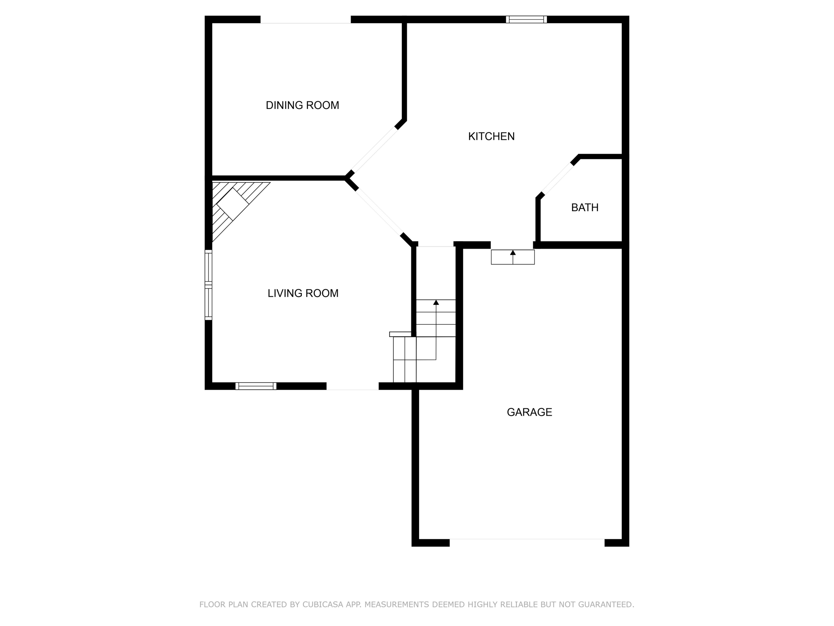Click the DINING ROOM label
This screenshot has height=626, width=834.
click(302, 105)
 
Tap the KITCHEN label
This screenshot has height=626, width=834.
click(491, 136)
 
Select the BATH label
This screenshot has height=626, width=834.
click(584, 207)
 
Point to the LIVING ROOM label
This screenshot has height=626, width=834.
click(303, 293)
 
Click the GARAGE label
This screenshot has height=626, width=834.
click(529, 412)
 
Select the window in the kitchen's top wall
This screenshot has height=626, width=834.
click(526, 19)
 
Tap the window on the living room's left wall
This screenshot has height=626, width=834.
click(208, 284)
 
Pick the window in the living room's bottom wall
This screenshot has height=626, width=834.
click(256, 386)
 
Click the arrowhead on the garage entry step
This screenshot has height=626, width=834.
click(513, 253)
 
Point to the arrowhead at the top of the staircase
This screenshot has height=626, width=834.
click(436, 302)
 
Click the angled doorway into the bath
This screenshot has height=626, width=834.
click(557, 179)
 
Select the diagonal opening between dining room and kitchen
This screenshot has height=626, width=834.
click(374, 149)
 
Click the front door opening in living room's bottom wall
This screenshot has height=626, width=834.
click(352, 386)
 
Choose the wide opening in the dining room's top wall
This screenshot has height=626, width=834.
click(305, 20)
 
